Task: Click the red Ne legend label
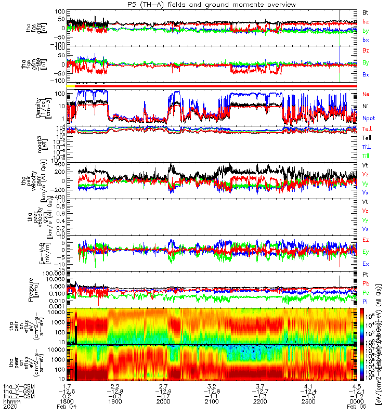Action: coord(366,94)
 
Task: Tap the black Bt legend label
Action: coord(366,11)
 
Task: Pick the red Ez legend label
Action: coord(366,240)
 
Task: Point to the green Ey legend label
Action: coord(366,252)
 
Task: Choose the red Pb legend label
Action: coord(366,283)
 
